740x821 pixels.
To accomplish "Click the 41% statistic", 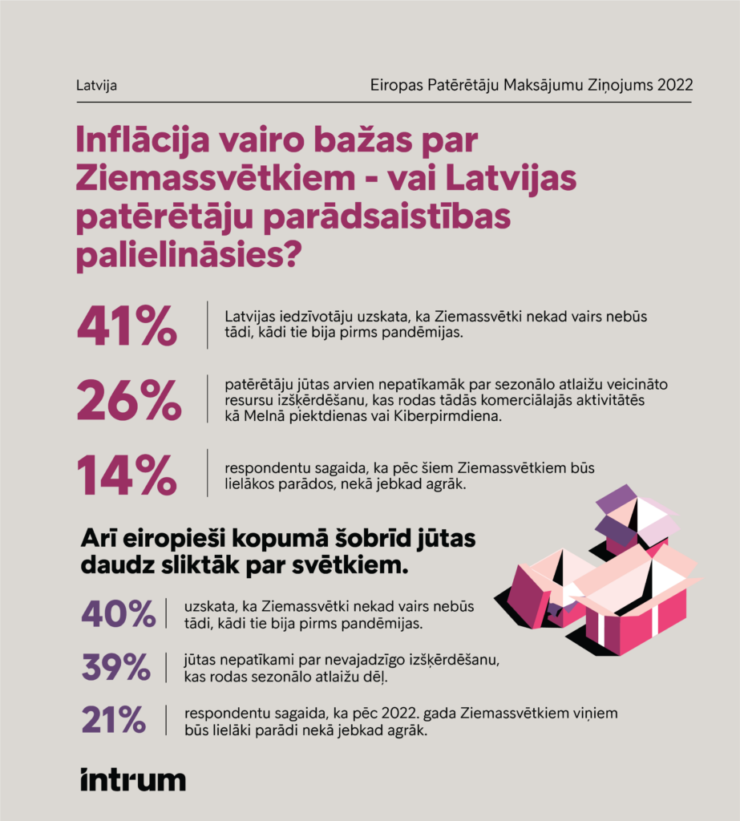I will (x=127, y=325).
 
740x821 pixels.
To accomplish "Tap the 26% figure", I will (x=128, y=400).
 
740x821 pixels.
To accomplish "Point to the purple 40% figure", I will (x=118, y=614).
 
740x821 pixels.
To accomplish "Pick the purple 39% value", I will (x=116, y=667).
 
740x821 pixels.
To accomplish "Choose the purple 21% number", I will (x=114, y=720).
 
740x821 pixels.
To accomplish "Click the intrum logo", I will (x=132, y=779).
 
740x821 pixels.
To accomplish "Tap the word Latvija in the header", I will (x=96, y=85).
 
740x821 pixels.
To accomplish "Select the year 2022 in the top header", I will (x=674, y=85).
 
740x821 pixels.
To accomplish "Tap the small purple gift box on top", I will (x=635, y=521).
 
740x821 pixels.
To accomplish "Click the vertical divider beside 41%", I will (x=208, y=325).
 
